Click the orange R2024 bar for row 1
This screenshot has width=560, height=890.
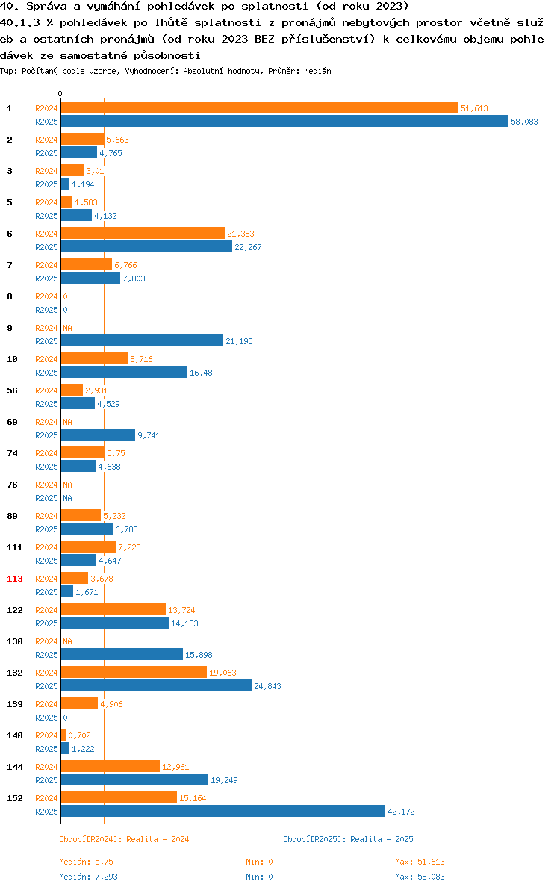click(259, 108)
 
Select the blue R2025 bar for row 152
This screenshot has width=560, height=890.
click(223, 812)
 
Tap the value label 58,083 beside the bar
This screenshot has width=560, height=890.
click(524, 122)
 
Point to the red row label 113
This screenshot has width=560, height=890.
click(15, 579)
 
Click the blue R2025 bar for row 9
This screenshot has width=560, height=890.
click(142, 341)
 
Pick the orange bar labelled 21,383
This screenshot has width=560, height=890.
click(143, 234)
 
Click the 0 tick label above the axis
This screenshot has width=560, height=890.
click(60, 93)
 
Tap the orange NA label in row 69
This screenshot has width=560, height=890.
click(67, 422)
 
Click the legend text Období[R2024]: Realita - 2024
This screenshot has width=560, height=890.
click(124, 839)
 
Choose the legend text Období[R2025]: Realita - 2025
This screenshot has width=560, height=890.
click(348, 839)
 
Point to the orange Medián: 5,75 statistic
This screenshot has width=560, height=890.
click(86, 862)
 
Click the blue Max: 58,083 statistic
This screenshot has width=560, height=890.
click(420, 877)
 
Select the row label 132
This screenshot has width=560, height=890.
click(15, 673)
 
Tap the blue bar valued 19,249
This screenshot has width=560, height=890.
click(134, 780)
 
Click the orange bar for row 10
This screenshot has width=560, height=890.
click(94, 359)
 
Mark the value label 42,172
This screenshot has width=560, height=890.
click(401, 812)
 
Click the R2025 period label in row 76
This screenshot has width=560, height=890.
click(46, 498)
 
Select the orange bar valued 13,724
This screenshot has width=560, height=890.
click(113, 610)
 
